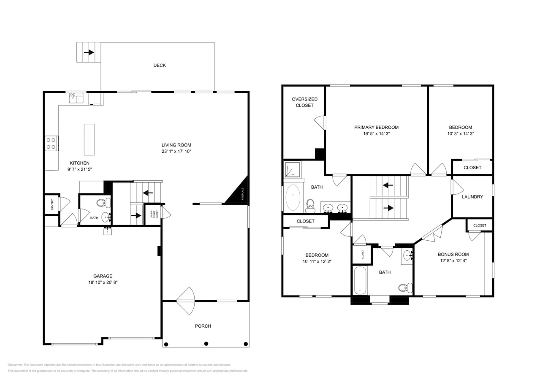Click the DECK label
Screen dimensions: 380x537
159,65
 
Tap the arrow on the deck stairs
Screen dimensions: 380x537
89,52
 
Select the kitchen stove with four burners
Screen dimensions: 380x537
52,144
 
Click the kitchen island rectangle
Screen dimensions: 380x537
89,139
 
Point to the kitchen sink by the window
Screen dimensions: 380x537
76,98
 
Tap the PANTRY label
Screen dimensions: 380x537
52,205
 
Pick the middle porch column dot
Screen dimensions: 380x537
206,344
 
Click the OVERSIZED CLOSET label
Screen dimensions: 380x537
304,102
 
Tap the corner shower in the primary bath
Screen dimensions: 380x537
292,170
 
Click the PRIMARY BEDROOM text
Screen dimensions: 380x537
376,128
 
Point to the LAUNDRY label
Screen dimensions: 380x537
472,197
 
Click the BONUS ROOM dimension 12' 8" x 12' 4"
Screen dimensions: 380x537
453,261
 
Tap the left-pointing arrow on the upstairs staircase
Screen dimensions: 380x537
388,185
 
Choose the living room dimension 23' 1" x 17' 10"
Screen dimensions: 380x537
176,151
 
